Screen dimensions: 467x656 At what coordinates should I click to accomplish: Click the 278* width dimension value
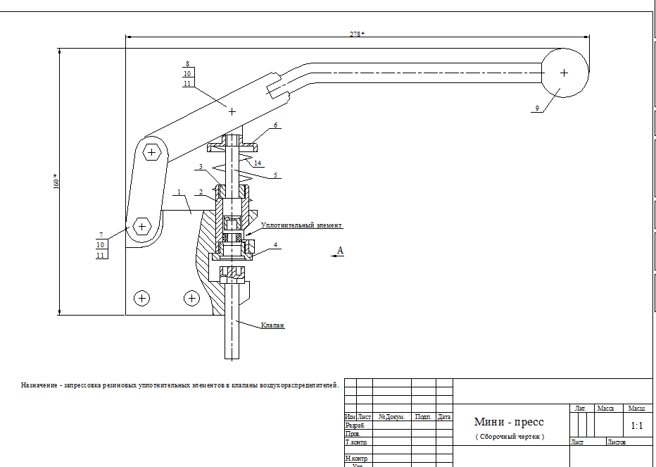358,34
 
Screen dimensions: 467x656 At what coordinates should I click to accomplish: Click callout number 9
537,108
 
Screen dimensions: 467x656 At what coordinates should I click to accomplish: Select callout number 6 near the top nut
276,125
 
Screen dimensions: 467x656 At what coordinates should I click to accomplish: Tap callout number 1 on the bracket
179,192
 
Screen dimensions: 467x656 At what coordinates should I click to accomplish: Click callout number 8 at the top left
187,64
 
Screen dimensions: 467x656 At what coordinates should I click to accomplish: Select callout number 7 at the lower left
101,235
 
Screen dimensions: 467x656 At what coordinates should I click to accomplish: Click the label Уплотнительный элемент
301,226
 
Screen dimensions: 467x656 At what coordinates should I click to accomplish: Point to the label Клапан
272,325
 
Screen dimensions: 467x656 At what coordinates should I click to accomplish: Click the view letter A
341,250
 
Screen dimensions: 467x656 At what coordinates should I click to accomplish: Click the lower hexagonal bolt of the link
142,226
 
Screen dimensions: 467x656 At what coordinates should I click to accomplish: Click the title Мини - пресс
509,422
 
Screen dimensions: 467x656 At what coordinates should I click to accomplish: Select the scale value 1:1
637,425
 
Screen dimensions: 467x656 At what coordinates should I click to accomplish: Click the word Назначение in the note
39,385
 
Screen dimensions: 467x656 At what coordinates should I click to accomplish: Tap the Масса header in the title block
605,408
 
